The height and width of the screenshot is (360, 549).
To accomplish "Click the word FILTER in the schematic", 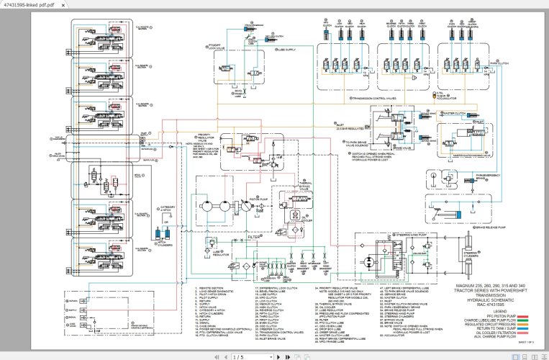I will tap(254, 235).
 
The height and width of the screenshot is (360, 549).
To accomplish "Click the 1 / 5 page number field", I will tap(237, 356).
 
